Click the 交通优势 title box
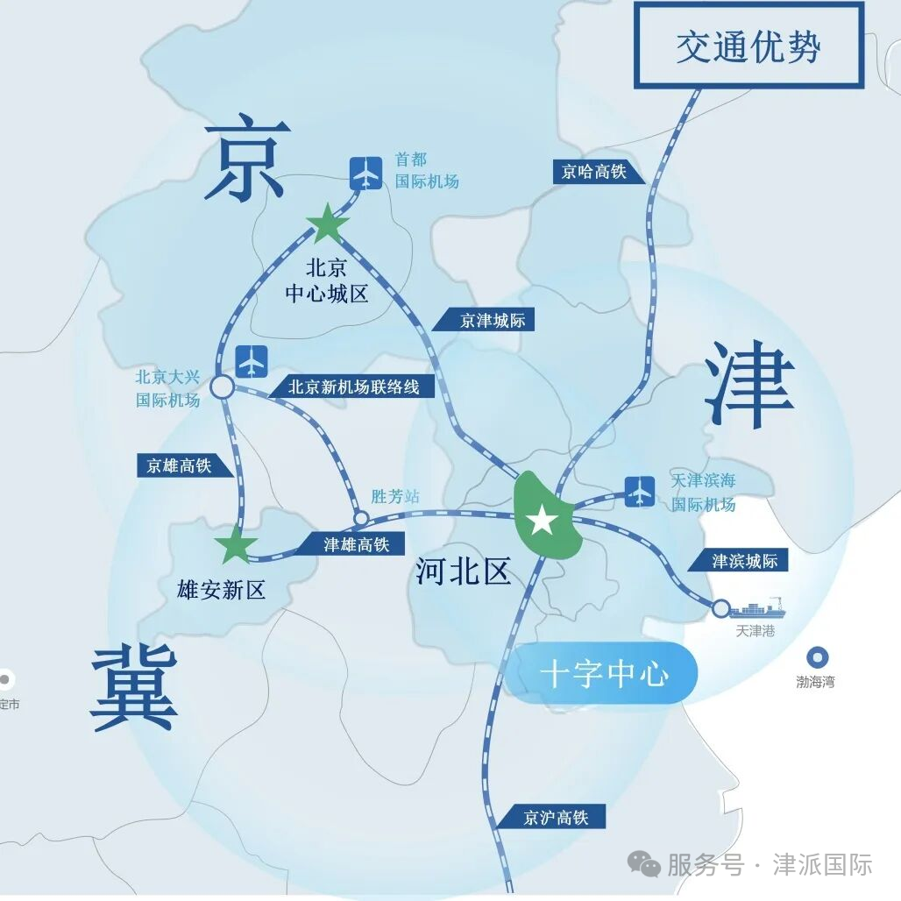click(748, 45)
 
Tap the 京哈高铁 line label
click(594, 171)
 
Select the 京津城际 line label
click(493, 320)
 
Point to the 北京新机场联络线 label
click(354, 387)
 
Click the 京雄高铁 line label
click(180, 465)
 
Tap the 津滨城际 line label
click(743, 561)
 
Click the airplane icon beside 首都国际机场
click(365, 172)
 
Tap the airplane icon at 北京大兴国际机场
click(252, 360)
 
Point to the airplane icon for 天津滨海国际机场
click(640, 491)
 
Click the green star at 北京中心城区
click(327, 224)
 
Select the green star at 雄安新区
click(236, 547)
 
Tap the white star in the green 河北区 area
click(542, 521)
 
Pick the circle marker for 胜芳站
click(360, 518)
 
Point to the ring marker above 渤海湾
click(819, 657)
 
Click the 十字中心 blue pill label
click(604, 674)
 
